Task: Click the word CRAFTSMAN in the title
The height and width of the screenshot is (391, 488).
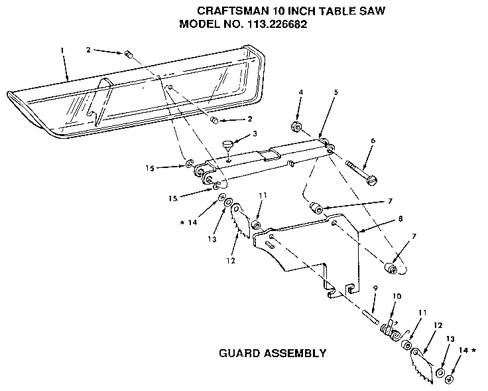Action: [227, 11]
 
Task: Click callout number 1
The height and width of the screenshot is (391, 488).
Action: [62, 50]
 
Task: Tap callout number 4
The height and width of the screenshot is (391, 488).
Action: [300, 92]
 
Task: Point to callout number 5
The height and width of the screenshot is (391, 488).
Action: [336, 92]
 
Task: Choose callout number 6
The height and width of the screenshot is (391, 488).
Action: [373, 141]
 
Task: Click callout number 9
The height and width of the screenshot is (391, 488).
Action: [375, 287]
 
